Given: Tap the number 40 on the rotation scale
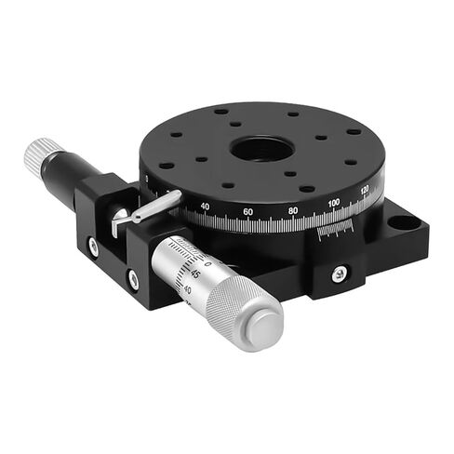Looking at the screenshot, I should (205, 206).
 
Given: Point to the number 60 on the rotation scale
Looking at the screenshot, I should (248, 213).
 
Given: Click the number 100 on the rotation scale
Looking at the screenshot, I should (334, 203).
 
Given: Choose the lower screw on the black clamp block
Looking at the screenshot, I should (133, 277).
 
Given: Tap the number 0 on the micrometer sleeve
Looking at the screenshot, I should (207, 264).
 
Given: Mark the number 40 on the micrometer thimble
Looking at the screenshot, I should (190, 289).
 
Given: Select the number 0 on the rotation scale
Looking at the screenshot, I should (147, 180).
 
